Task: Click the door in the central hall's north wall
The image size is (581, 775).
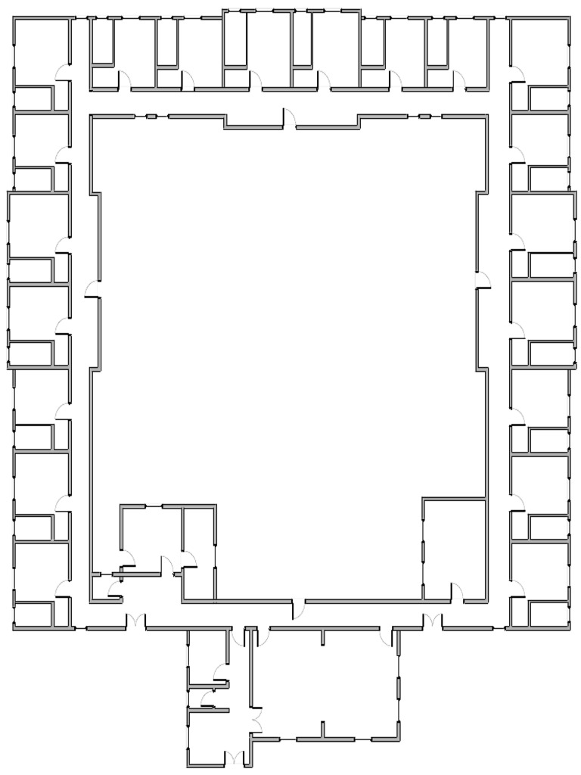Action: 288,119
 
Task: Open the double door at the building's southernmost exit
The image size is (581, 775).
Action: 236,758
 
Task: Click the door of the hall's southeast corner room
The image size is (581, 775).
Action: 457,591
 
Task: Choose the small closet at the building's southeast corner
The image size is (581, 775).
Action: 548,614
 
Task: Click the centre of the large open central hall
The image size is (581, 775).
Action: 287,341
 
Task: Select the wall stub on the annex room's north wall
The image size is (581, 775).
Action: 323,636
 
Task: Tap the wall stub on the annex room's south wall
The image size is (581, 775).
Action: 323,730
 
